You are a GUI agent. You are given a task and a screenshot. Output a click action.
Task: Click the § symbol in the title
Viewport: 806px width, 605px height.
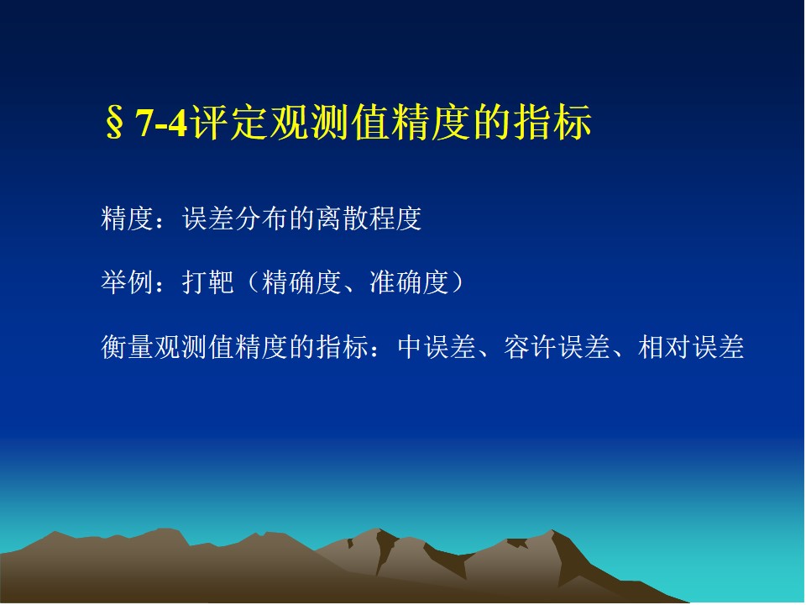click(x=114, y=123)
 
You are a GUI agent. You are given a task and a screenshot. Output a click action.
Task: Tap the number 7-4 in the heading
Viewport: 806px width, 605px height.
click(x=161, y=123)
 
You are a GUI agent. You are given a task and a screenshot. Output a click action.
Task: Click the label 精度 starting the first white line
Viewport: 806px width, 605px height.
click(x=127, y=218)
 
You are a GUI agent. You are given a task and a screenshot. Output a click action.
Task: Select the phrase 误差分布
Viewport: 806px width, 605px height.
click(x=235, y=218)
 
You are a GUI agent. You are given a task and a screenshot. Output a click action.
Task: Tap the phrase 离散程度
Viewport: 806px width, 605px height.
click(x=369, y=218)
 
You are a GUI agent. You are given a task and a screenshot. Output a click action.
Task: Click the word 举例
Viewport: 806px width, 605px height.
click(x=127, y=282)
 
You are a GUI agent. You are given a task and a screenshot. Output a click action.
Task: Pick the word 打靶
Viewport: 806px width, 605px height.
click(x=208, y=282)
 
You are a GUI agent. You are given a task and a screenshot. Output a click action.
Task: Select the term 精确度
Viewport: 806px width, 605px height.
click(x=301, y=282)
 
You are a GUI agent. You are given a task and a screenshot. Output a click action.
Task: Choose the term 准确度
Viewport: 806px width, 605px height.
click(x=409, y=282)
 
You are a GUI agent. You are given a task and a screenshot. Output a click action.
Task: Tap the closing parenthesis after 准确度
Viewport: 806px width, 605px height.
click(x=458, y=282)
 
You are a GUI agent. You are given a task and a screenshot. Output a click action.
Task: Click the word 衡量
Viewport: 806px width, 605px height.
click(x=127, y=347)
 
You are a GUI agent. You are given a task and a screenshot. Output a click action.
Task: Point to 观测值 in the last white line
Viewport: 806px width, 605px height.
click(x=194, y=347)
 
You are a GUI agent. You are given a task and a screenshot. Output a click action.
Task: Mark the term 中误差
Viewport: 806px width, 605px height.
click(x=437, y=347)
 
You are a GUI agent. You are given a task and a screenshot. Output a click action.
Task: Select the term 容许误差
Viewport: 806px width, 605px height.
click(x=557, y=347)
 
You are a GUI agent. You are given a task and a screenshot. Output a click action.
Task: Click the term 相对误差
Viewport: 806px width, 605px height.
click(x=691, y=347)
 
